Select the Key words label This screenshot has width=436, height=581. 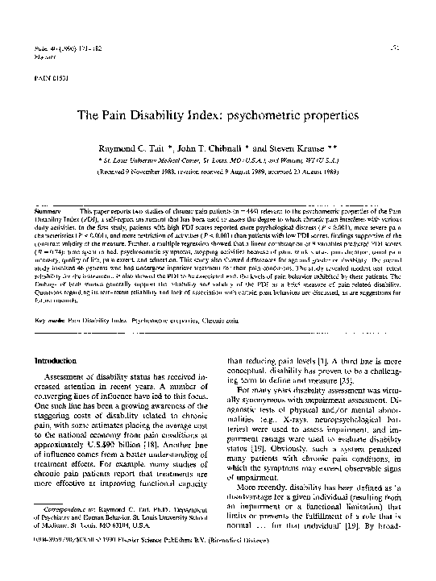pos(41,297)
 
